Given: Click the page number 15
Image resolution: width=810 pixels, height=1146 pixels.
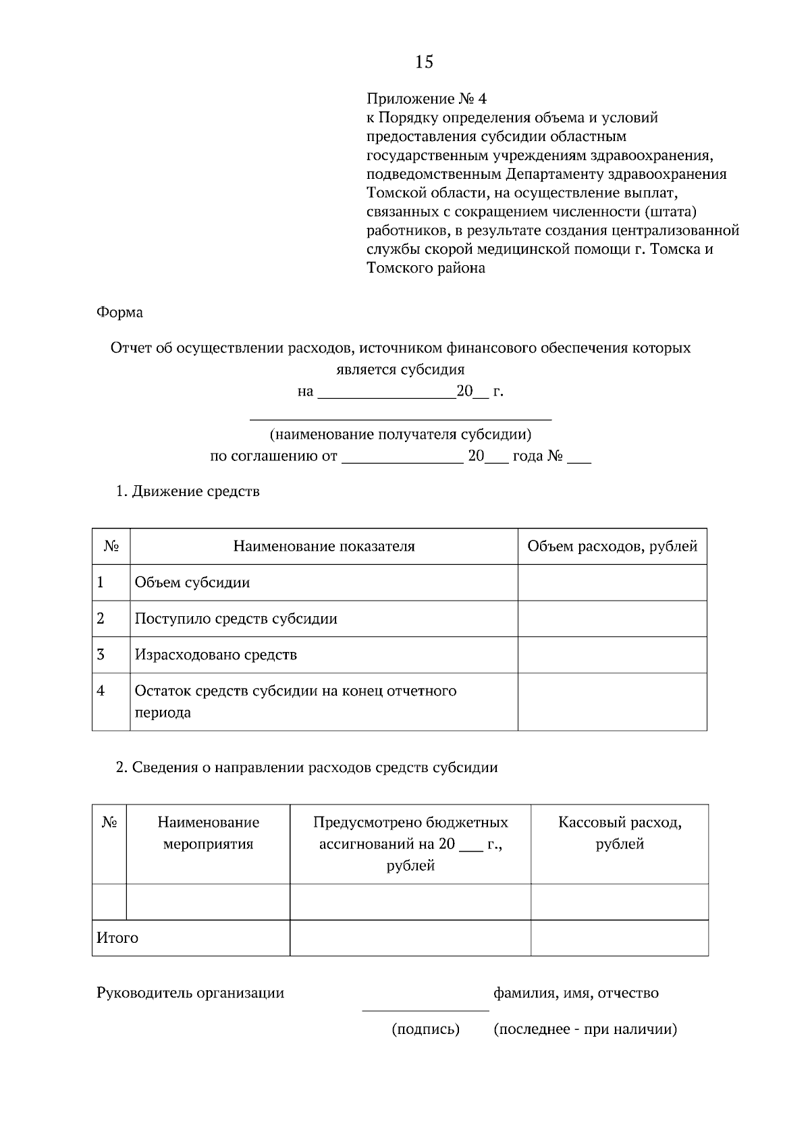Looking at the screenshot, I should [x=424, y=62].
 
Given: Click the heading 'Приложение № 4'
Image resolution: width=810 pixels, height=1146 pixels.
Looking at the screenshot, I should [x=426, y=99].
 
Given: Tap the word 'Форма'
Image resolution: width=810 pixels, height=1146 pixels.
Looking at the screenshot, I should [x=119, y=312].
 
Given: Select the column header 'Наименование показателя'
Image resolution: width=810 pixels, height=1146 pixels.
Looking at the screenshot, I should [x=324, y=546].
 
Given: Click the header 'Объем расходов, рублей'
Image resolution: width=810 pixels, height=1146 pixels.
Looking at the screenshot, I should [x=612, y=546].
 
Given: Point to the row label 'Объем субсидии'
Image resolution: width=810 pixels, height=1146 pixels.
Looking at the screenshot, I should [x=192, y=582].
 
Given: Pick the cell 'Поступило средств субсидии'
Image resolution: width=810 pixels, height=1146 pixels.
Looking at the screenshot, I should [x=236, y=618].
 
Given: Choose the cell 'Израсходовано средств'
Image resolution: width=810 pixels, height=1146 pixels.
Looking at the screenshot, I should [x=216, y=655].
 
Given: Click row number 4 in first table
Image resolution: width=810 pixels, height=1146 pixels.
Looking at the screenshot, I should [x=101, y=691].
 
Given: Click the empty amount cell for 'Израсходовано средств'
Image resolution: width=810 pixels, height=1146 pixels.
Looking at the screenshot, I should [x=612, y=655].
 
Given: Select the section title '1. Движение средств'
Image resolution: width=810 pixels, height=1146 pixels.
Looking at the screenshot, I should [x=188, y=491].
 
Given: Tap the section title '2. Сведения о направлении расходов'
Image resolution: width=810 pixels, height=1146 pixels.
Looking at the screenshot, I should [x=307, y=767].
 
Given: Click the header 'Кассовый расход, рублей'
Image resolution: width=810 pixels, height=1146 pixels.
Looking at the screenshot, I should [x=620, y=833].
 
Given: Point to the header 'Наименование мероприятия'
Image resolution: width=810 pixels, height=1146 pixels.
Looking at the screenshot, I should [x=208, y=833].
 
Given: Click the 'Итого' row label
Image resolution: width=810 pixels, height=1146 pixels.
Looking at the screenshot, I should [x=117, y=937].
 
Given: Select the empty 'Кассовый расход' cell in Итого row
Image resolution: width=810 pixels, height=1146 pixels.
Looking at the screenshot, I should [x=620, y=937].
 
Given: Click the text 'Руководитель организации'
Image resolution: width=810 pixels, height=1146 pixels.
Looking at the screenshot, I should [x=190, y=993].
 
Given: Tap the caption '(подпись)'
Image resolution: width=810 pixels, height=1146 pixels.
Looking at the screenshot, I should [x=426, y=1029].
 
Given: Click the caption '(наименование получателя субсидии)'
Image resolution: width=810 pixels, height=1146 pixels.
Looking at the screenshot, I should [x=400, y=434].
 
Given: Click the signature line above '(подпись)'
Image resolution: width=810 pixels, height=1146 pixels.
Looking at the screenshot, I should [x=426, y=1010].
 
